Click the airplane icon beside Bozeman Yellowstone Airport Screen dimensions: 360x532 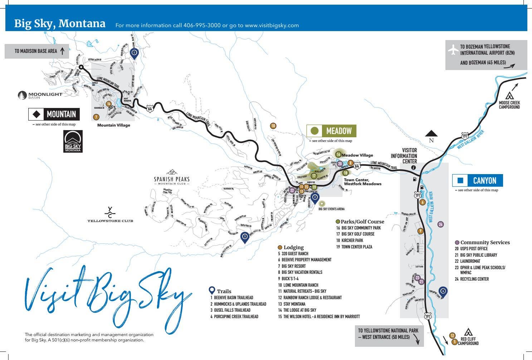point(453,50)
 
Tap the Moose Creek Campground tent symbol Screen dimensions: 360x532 point(509,96)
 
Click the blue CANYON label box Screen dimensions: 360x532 point(478,181)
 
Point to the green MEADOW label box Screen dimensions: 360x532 point(332,131)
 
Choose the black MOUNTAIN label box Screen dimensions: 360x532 point(54,114)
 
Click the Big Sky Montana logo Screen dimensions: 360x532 point(73,142)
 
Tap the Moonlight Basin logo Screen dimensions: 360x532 point(40,95)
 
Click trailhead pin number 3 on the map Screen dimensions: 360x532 point(244,237)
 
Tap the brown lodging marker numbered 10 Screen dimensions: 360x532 point(273,126)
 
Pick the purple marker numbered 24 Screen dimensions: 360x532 point(441,225)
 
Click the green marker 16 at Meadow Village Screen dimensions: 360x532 point(338,154)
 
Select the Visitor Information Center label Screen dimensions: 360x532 point(404,156)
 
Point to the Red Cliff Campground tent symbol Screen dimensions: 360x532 point(468,332)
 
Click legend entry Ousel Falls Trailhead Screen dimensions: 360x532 point(232,310)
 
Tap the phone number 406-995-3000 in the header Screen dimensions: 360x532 point(202,25)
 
